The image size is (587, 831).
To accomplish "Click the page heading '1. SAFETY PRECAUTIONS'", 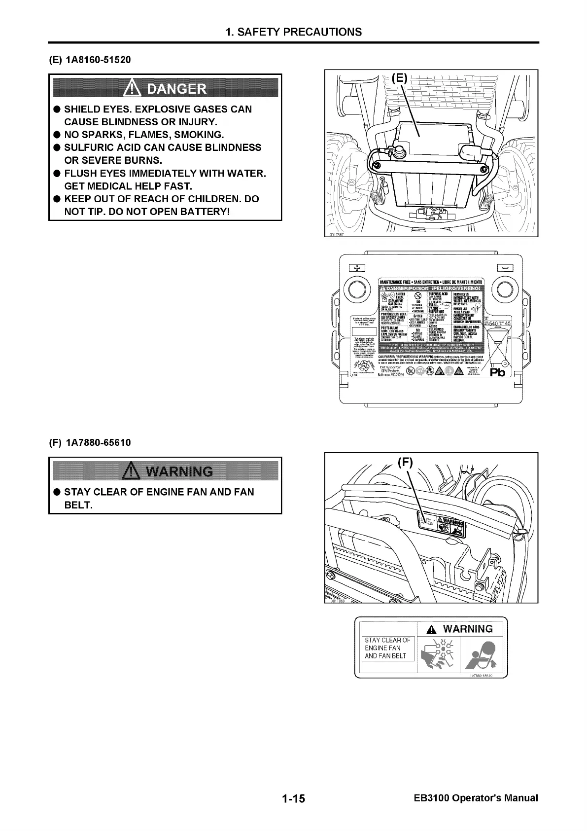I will [x=293, y=32].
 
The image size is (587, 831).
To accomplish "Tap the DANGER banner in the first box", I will [x=165, y=88].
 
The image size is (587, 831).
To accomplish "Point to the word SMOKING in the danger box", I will [x=196, y=135].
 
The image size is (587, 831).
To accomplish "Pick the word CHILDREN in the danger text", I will [x=203, y=199].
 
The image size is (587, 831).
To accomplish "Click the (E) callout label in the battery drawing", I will [x=400, y=77].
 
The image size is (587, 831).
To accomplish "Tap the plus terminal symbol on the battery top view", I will [x=356, y=267].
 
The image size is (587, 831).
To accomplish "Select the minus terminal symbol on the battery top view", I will [x=506, y=267].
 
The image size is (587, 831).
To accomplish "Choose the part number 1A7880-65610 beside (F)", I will [x=98, y=442].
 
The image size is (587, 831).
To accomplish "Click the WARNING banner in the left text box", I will [x=165, y=471].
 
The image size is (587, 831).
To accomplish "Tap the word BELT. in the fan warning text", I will [x=78, y=505].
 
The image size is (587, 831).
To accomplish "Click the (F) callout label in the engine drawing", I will [x=405, y=462].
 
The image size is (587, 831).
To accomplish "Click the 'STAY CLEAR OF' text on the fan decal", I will [x=387, y=640].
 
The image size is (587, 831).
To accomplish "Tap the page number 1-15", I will [x=294, y=798].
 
